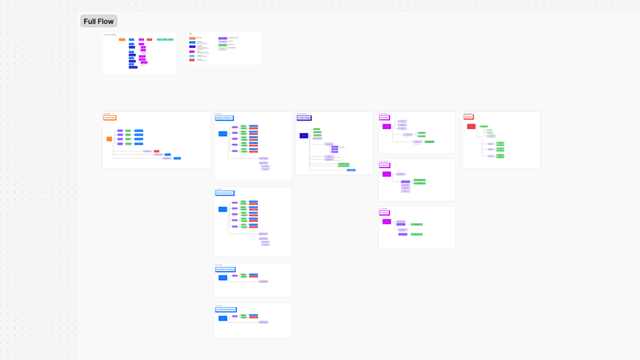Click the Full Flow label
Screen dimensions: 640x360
coord(99,21)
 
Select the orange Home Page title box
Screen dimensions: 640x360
coord(109,117)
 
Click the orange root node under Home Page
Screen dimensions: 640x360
coord(109,139)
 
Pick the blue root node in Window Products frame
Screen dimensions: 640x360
coord(223,134)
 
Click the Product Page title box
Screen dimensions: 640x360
coord(305,117)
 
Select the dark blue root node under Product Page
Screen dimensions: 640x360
coord(304,136)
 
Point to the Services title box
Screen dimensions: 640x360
coord(384,117)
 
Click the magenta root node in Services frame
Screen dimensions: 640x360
coord(387,126)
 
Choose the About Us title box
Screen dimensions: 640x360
coord(385,165)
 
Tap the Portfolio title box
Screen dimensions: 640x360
coord(385,213)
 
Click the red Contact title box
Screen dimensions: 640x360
coord(469,117)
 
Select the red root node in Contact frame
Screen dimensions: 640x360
coord(471,126)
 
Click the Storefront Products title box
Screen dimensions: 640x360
coord(226,269)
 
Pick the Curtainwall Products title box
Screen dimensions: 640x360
coord(226,309)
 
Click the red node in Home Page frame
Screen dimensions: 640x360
coord(157,151)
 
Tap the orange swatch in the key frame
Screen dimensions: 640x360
coord(192,38)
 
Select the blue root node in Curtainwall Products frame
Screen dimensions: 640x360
coord(223,318)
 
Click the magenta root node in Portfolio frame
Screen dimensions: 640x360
coord(387,221)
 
